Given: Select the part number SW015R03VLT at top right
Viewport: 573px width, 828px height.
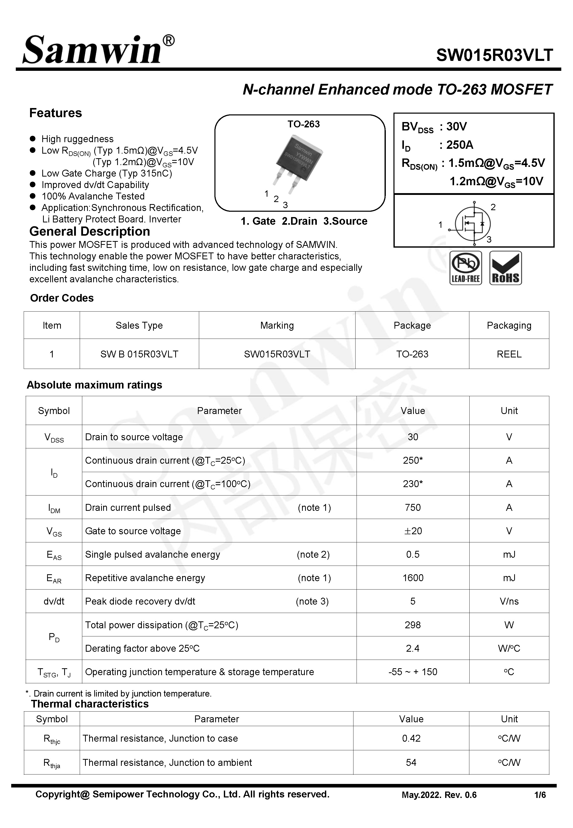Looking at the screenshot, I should [494, 55].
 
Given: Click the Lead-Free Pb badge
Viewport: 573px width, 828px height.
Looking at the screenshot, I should [465, 268].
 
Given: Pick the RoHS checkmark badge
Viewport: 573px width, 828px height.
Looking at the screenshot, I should [506, 268].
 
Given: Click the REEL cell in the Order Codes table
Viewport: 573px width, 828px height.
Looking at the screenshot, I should [509, 354].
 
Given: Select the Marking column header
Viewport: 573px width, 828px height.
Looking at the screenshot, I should [277, 325].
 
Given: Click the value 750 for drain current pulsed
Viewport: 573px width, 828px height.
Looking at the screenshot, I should [413, 507].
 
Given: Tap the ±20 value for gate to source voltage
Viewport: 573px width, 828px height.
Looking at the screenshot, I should [413, 531].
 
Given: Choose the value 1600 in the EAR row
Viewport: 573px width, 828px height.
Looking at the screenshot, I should [413, 578].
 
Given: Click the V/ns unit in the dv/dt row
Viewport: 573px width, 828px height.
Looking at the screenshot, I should [509, 601].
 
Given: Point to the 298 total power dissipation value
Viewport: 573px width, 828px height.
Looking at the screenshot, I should [413, 625].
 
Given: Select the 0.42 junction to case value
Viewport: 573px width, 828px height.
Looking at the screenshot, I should [411, 738].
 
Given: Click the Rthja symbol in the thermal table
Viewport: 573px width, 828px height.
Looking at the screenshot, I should [52, 763].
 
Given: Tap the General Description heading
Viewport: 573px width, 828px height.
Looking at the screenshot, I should [90, 231].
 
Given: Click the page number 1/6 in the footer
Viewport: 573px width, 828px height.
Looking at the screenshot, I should [540, 795].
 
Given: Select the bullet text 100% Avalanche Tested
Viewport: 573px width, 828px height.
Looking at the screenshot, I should [93, 196].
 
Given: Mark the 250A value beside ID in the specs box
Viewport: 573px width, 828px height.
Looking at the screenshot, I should [460, 145].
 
